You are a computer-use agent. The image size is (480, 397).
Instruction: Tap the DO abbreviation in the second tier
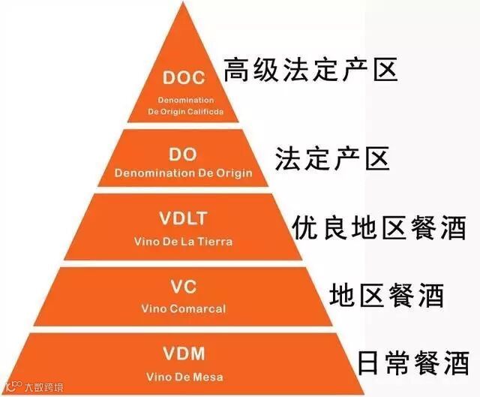pyautogui.click(x=183, y=155)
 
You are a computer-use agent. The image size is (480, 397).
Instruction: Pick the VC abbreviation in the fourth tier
pyautogui.click(x=183, y=287)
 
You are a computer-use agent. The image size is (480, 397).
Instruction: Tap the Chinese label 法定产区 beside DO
pyautogui.click(x=331, y=159)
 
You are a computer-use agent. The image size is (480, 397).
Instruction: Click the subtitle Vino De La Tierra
pyautogui.click(x=183, y=242)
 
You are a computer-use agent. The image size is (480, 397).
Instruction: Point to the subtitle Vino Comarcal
pyautogui.click(x=183, y=308)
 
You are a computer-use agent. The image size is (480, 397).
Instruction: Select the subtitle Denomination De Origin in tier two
pyautogui.click(x=183, y=174)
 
